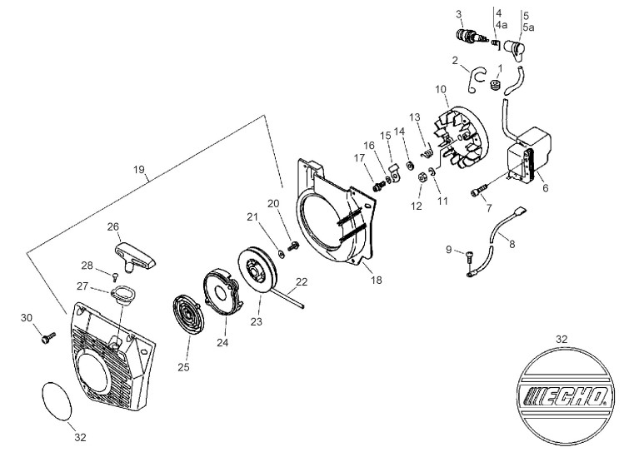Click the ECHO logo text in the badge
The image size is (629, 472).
pos(566,397)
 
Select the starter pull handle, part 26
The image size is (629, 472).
pos(135,257)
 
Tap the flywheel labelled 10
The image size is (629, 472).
pos(462,137)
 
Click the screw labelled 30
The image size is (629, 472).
pos(48,337)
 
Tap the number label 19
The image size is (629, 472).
pos(139,170)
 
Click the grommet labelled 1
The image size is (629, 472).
pos(497,85)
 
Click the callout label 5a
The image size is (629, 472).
pos(528,27)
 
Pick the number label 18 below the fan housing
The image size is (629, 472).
pos(377,280)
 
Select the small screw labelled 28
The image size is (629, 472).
pos(116,276)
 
